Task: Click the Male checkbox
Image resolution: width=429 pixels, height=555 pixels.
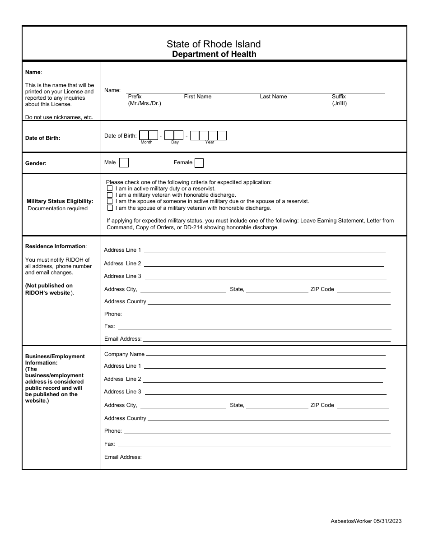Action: pyautogui.click(x=124, y=163)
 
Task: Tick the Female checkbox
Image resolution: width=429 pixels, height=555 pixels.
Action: pyautogui.click(x=199, y=163)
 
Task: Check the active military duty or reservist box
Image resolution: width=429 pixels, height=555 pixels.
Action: pyautogui.click(x=110, y=188)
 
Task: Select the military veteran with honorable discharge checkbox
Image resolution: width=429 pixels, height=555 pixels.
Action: pyautogui.click(x=110, y=195)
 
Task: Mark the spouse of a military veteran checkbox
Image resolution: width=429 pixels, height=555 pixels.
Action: pyautogui.click(x=110, y=208)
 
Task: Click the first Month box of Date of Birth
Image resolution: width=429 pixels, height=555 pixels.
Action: pyautogui.click(x=144, y=135)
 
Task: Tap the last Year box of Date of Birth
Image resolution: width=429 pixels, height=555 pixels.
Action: pyautogui.click(x=222, y=135)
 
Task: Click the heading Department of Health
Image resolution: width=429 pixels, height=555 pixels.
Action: pyautogui.click(x=214, y=54)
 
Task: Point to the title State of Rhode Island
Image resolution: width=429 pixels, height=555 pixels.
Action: pyautogui.click(x=214, y=44)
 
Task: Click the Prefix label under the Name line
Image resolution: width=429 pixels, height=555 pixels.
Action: pyautogui.click(x=135, y=97)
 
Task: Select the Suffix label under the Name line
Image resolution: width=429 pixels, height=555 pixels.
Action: pyautogui.click(x=339, y=97)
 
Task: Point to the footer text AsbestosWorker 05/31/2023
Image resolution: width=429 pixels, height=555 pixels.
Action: pyautogui.click(x=366, y=521)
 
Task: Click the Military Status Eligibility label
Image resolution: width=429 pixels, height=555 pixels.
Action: pyautogui.click(x=60, y=201)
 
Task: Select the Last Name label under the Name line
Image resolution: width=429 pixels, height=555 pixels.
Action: pyautogui.click(x=273, y=97)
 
